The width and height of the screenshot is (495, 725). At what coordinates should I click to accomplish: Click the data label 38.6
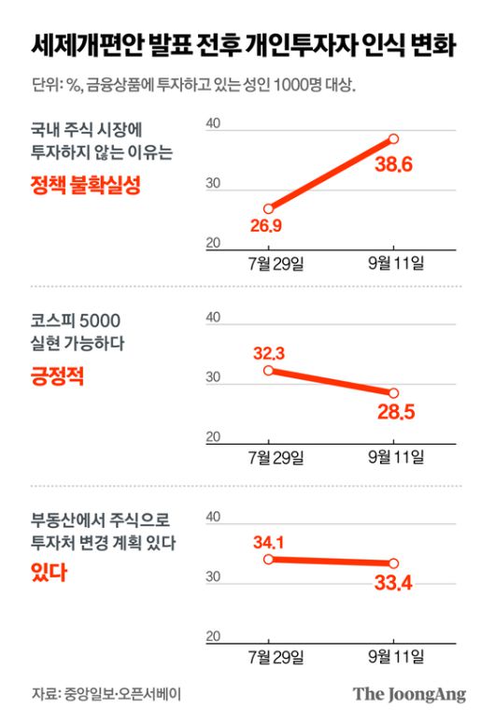pos(393,166)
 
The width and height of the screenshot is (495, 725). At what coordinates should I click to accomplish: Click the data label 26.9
pos(267,225)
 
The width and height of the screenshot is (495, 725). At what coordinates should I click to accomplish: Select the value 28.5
pos(393,412)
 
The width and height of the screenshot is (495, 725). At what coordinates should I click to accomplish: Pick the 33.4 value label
pos(393,584)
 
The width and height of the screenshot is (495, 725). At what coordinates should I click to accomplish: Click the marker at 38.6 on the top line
pos(393,139)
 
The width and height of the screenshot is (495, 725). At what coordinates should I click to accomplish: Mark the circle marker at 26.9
pos(269,208)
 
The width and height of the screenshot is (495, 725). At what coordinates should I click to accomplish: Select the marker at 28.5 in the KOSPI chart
pos(393,392)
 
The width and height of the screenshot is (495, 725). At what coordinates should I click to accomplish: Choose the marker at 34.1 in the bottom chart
pos(269,559)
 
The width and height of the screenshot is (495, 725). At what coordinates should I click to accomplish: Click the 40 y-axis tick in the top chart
pos(212,124)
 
